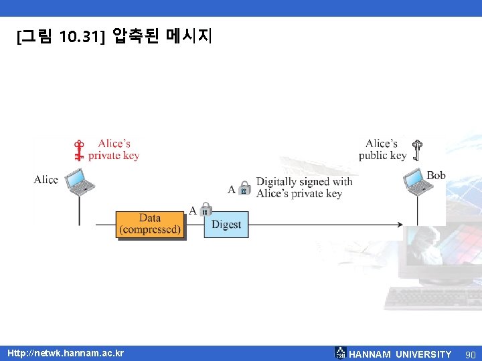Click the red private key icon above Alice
coord(79,150)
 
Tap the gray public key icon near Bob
coord(417,150)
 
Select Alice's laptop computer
coord(80,181)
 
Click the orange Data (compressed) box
coord(150,225)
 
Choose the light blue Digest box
coord(226,225)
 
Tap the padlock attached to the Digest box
coord(206,209)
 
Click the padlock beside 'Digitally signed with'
coord(244,188)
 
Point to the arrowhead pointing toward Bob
coord(400,225)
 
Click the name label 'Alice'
coord(46,179)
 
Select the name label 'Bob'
coord(436,175)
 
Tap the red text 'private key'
coord(114,156)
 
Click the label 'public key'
coord(382,155)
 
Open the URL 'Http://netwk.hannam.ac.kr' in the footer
coord(66,353)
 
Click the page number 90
coord(471,354)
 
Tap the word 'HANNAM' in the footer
coord(370,354)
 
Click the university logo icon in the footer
coord(341,353)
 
